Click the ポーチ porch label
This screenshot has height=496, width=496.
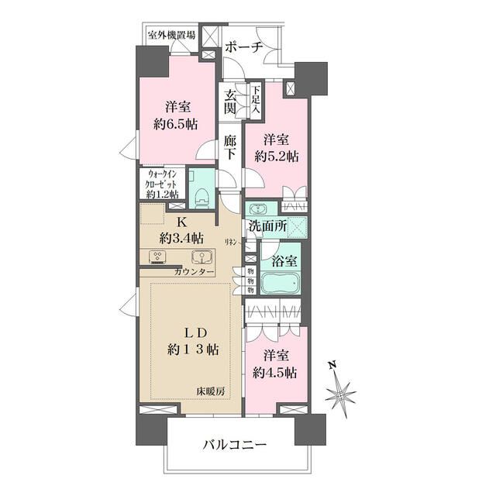pos(244,47)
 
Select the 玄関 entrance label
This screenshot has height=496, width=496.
pos(230,102)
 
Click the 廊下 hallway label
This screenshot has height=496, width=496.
pos(230,147)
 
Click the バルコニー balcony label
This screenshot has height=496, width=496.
pos(235,446)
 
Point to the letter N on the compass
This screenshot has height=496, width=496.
pos(331,363)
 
